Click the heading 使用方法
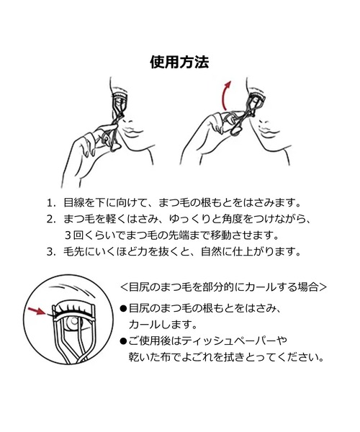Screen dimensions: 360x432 (x=179, y=62)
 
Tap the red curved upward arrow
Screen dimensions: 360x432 (x=226, y=95)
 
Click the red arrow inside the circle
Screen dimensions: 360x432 (x=37, y=311)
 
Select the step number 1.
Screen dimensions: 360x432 (x=50, y=203)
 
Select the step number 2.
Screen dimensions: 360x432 (x=50, y=220)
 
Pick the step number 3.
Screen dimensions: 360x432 (x=50, y=251)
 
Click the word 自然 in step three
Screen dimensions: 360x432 (x=211, y=251)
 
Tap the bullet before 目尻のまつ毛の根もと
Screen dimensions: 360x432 (x=123, y=309)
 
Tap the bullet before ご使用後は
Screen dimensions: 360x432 (x=123, y=341)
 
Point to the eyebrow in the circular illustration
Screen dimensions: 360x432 (x=72, y=289)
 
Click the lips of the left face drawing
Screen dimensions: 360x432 (x=132, y=130)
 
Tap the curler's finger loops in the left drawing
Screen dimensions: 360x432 (x=110, y=140)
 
